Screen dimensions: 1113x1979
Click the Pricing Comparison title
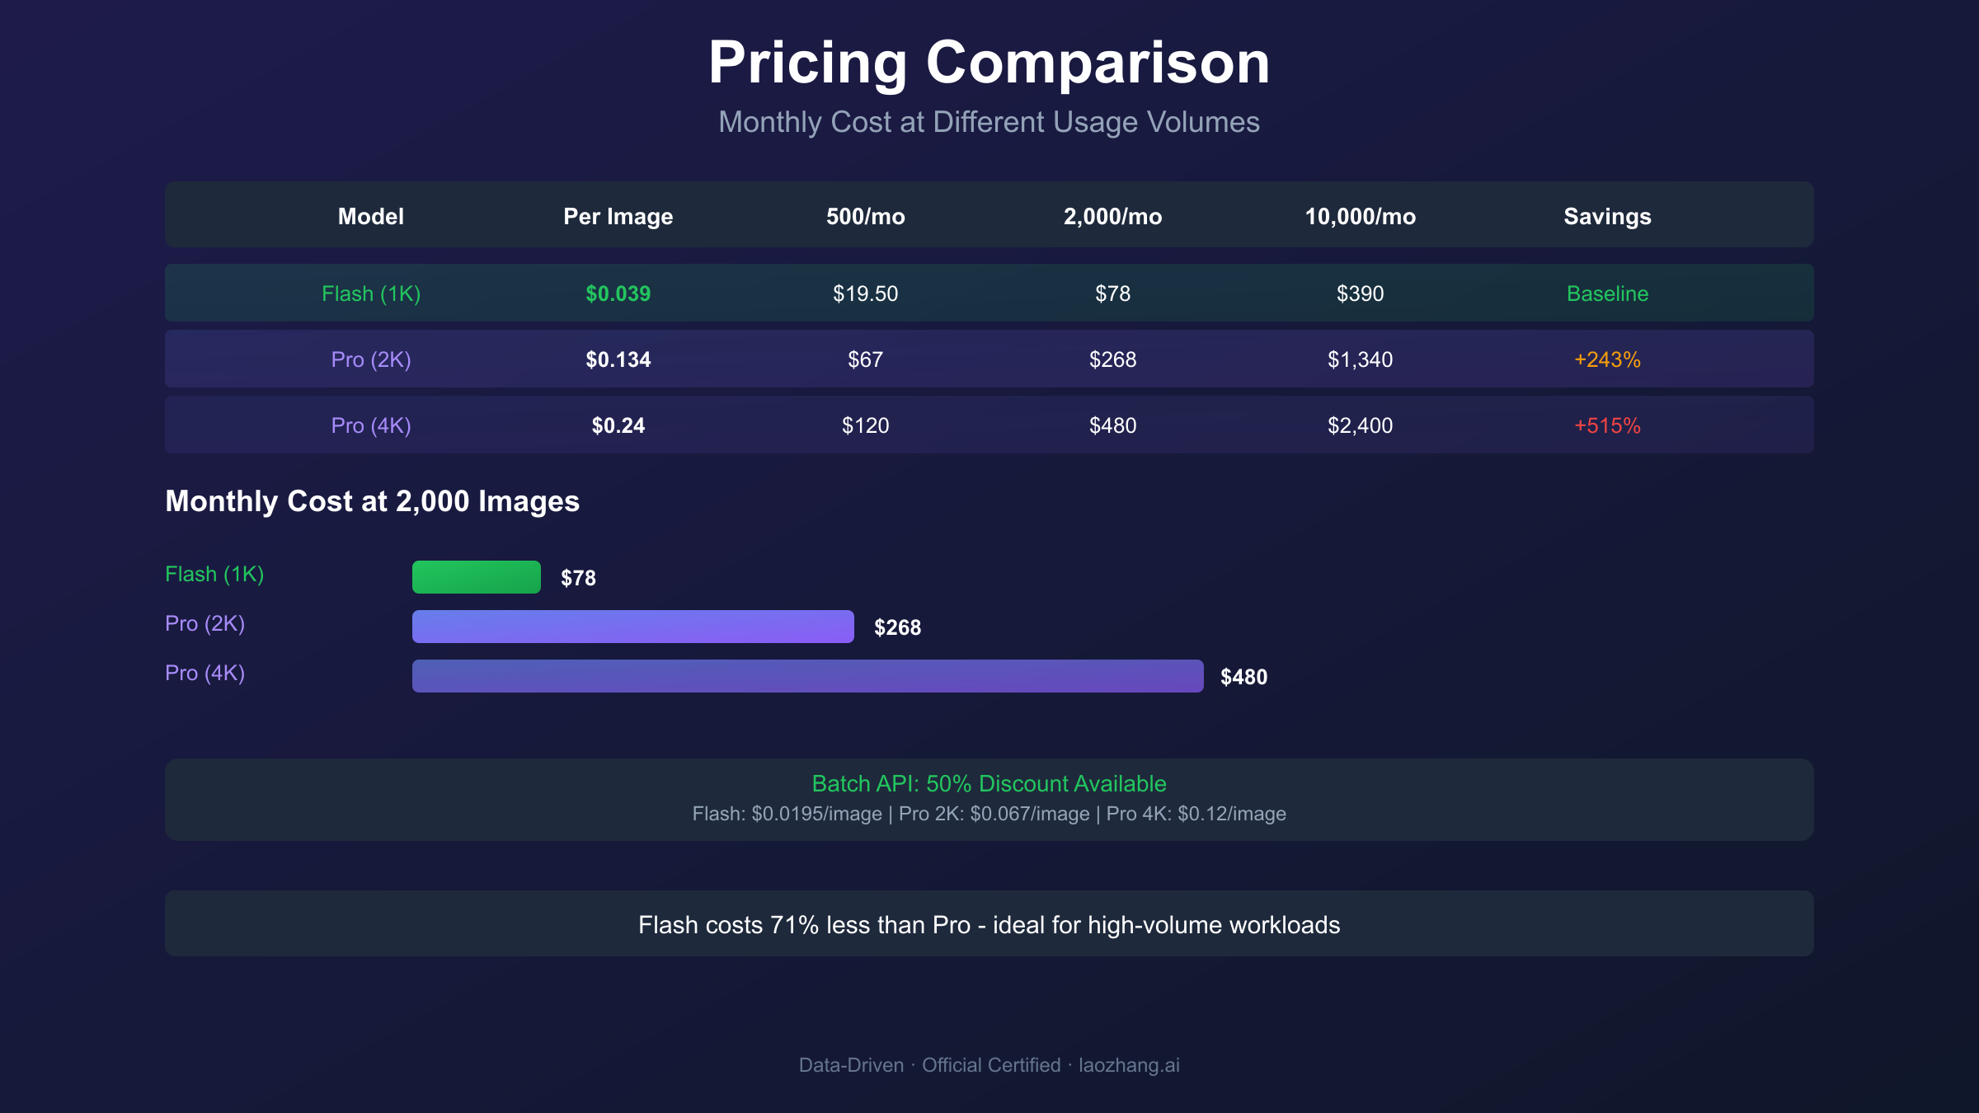[989, 63]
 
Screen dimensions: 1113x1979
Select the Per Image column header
[618, 216]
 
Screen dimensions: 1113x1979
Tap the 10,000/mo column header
[1360, 216]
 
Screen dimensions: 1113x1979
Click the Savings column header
[1607, 216]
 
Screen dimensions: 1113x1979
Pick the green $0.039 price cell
[618, 294]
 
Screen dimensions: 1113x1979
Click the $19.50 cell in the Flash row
[865, 294]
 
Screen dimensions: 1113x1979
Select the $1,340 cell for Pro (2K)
[1360, 359]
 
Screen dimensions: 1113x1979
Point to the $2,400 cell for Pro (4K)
[1360, 425]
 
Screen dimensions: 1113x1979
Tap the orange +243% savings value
[1607, 359]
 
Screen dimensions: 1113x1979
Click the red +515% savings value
[1607, 425]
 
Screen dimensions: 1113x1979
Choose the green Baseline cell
[1607, 294]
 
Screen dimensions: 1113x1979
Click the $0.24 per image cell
[618, 425]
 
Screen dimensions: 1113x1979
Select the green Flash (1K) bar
[476, 577]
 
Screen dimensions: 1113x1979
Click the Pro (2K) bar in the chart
[632, 627]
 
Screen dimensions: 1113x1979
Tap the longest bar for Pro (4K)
[807, 676]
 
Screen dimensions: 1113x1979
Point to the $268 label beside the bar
[897, 627]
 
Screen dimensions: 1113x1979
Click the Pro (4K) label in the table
[370, 425]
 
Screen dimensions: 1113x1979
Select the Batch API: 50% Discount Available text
[989, 783]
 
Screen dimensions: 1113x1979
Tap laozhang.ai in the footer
[1129, 1065]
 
